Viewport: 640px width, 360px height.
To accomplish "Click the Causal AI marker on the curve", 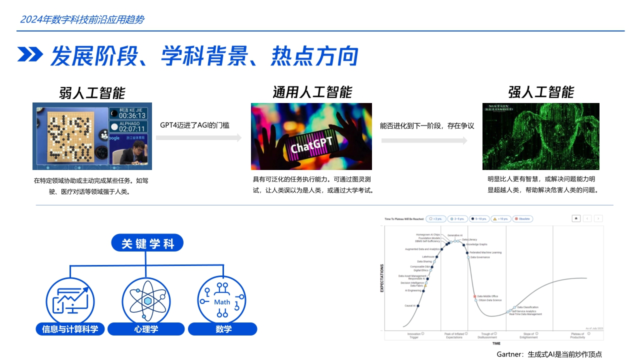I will click(x=417, y=306).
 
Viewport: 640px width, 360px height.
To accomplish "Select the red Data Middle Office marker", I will click(x=475, y=296).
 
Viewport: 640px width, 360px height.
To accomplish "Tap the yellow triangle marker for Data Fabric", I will click(x=425, y=286).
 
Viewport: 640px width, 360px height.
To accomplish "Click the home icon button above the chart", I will click(x=576, y=218).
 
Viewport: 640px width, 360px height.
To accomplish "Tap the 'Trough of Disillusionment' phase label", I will click(x=487, y=335).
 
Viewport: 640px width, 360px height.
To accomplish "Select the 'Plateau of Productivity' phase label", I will click(x=577, y=335).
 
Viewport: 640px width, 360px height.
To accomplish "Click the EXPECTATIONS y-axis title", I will click(x=382, y=278).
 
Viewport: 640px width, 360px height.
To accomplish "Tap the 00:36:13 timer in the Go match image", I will click(x=132, y=115).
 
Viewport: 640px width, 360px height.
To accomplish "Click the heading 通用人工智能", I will click(x=312, y=92).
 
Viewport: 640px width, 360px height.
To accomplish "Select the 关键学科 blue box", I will click(x=147, y=243).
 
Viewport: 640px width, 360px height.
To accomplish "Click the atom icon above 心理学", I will click(x=146, y=301).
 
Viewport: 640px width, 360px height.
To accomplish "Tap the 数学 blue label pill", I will click(x=222, y=329).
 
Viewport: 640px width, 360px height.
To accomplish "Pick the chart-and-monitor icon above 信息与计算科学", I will click(x=70, y=301).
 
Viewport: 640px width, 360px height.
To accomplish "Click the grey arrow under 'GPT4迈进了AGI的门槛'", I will click(x=198, y=138).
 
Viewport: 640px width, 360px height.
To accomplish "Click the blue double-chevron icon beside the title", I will click(x=30, y=55).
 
